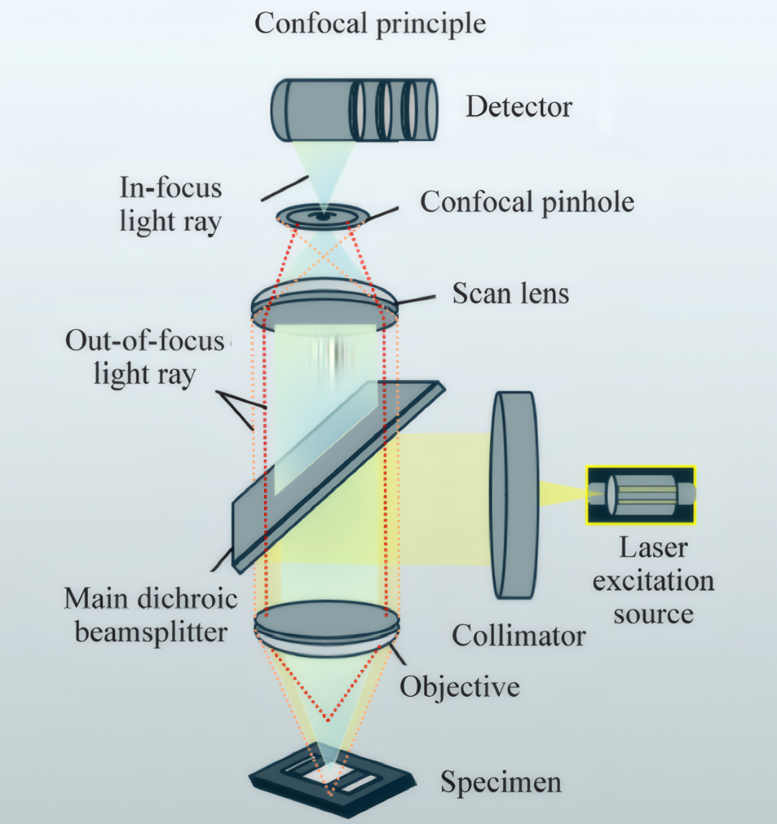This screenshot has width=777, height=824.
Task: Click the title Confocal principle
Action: pos(370,24)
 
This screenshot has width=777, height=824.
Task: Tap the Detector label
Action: pos(519,107)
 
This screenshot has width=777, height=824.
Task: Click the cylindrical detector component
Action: pos(354,110)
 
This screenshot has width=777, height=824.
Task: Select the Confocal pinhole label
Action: pos(527,202)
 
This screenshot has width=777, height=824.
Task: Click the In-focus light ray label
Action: pos(171,204)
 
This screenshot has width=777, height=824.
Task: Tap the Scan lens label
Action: pos(511,293)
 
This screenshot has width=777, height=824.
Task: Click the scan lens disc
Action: pos(324,305)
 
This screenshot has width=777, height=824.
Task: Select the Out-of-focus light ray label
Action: pos(145,358)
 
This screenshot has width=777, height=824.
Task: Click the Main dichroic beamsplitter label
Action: pos(151,615)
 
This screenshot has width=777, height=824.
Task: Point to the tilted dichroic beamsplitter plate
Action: pos(339,476)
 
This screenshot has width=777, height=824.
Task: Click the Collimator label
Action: pos(519,636)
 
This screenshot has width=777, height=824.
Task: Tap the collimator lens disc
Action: pos(514,495)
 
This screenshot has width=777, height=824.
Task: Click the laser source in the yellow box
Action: pos(641,495)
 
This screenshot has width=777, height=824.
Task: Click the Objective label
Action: pos(460,687)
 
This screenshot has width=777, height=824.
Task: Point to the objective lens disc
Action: pos(327,629)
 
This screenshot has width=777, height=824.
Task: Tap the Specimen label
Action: pos(501,782)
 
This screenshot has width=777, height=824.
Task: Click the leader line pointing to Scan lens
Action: pos(416,300)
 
